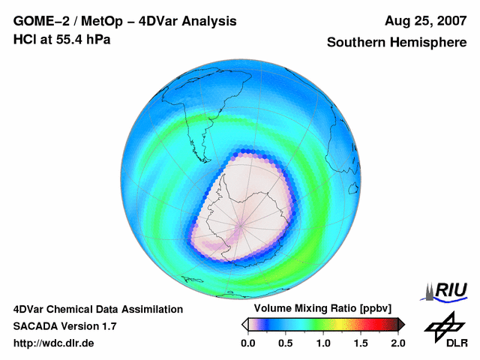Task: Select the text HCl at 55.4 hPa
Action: click(61, 40)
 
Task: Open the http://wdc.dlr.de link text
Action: click(54, 343)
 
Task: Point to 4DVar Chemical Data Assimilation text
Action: click(98, 309)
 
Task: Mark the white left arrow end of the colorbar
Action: click(244, 324)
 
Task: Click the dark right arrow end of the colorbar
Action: click(401, 324)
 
